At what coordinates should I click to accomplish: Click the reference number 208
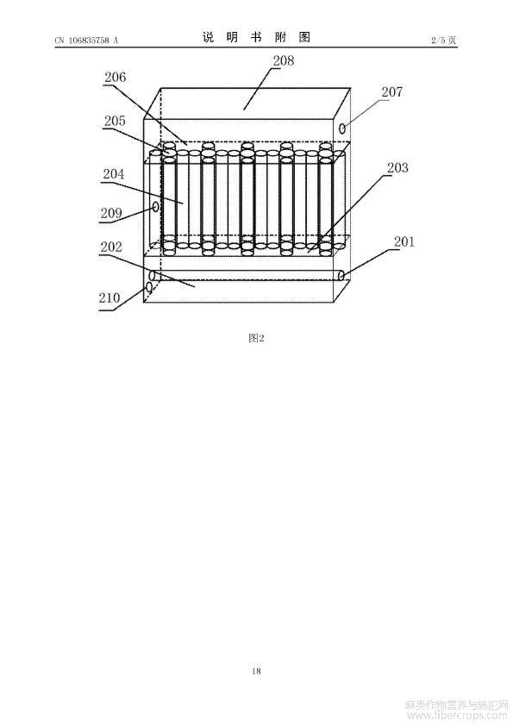click(x=284, y=60)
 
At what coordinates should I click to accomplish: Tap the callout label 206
click(x=115, y=77)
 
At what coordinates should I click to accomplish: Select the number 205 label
click(x=115, y=121)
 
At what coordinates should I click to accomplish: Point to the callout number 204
click(x=114, y=174)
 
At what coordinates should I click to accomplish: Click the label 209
click(x=111, y=213)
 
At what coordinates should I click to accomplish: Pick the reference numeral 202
click(x=111, y=247)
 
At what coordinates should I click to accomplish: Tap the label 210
click(x=109, y=297)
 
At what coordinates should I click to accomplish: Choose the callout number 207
click(x=391, y=91)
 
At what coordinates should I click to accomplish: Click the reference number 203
click(x=397, y=167)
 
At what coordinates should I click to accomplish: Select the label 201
click(x=404, y=241)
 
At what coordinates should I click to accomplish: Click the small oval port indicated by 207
click(x=342, y=128)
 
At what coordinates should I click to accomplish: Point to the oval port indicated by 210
click(x=149, y=287)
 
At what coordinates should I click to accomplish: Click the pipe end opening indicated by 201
click(x=341, y=276)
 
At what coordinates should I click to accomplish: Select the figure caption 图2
click(x=256, y=338)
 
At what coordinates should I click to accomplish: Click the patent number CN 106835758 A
click(x=86, y=41)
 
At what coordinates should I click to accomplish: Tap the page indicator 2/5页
click(x=443, y=41)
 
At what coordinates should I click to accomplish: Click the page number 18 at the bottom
click(x=257, y=671)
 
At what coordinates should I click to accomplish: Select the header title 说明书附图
click(x=256, y=37)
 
